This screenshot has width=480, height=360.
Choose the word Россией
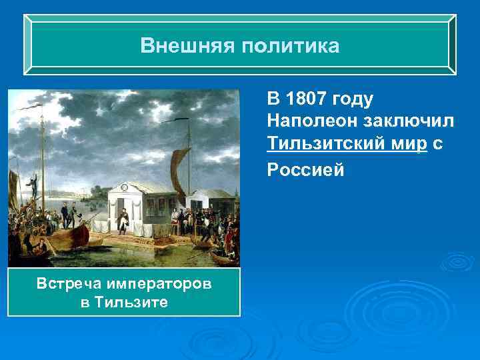tap(305, 169)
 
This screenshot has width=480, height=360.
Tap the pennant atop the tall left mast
tap(29, 107)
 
